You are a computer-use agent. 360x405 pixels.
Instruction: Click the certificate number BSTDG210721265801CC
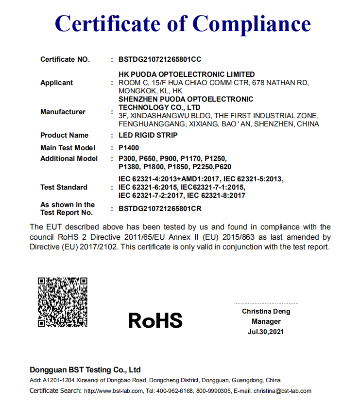[160, 60]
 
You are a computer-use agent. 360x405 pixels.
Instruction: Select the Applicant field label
[57, 83]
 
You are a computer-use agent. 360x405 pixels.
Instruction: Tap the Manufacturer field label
[63, 112]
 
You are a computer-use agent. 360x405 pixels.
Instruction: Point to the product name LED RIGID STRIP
[148, 135]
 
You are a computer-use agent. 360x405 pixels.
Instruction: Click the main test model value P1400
[129, 148]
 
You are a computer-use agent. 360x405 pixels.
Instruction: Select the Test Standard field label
[64, 187]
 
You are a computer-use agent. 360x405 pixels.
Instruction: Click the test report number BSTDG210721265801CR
[160, 209]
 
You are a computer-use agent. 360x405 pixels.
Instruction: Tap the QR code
[63, 301]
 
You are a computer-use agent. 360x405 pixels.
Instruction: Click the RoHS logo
[155, 320]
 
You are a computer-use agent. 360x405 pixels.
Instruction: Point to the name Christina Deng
[266, 311]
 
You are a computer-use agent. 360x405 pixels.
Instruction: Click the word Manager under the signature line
[266, 321]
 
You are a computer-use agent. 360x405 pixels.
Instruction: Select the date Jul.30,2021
[266, 332]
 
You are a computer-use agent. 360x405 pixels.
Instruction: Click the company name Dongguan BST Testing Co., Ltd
[85, 370]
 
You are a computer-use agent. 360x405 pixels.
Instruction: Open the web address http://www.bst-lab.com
[114, 391]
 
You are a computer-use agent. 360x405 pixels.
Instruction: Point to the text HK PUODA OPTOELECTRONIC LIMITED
[187, 74]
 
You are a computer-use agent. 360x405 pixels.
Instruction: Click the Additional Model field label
[69, 158]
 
